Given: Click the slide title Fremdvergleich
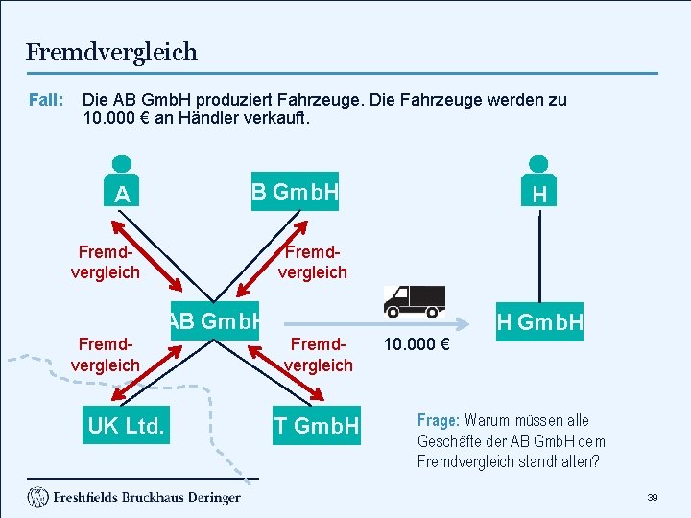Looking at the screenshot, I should (x=111, y=52).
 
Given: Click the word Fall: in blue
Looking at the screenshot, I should (x=46, y=100).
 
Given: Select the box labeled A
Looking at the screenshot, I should (x=122, y=195).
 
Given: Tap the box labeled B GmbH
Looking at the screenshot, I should (x=296, y=193).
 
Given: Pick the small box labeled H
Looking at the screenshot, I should (x=539, y=195).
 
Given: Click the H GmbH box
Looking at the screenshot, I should (x=539, y=323).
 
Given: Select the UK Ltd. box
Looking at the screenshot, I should (x=126, y=425).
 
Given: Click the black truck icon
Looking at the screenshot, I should (x=415, y=301).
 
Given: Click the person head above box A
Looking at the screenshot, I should (x=122, y=164).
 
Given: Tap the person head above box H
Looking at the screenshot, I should (x=539, y=164).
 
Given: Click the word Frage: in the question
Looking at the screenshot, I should (x=439, y=420).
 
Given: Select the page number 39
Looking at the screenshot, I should (x=653, y=498).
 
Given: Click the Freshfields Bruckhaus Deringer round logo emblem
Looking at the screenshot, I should (x=37, y=497).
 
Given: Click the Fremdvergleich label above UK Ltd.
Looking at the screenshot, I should (x=106, y=355).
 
